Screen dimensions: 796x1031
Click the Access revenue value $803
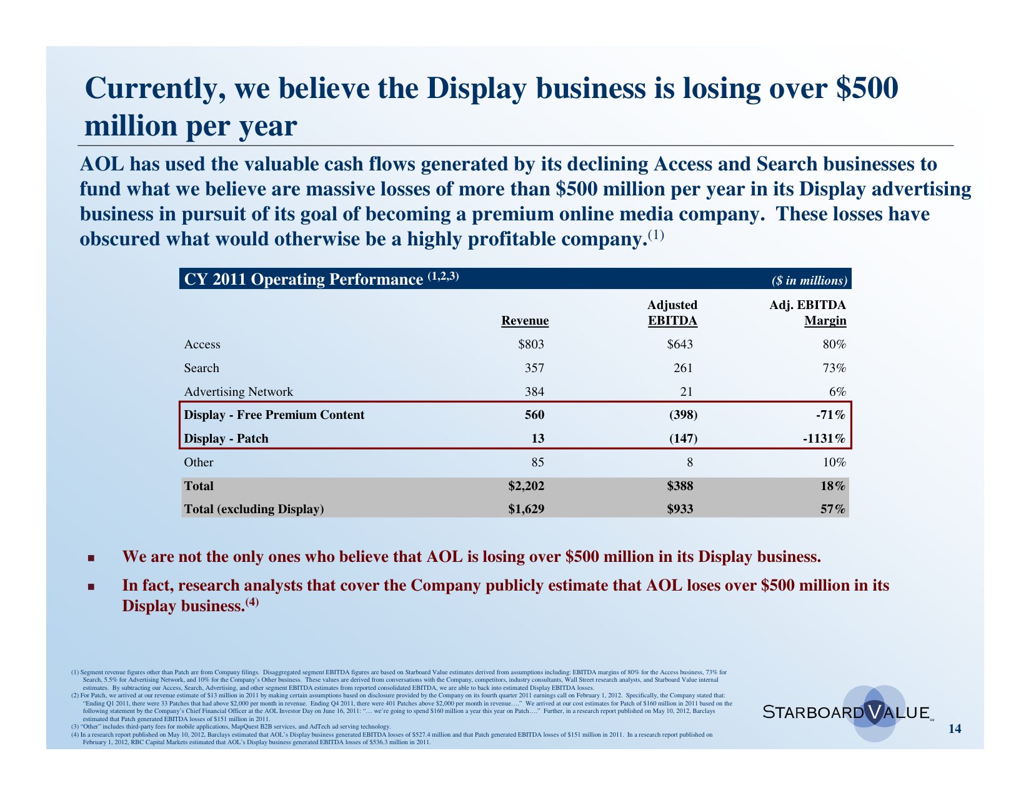[x=531, y=345]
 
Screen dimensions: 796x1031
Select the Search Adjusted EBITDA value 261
[x=682, y=368]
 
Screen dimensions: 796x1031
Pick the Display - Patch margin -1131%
[x=824, y=439]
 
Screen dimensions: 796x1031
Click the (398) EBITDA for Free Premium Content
[x=683, y=415]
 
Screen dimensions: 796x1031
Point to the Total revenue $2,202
[x=526, y=486]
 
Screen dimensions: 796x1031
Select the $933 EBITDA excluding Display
[x=680, y=509]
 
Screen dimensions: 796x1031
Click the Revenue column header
[x=525, y=321]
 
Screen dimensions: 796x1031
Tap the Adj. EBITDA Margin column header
[x=808, y=313]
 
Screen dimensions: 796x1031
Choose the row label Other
[x=199, y=463]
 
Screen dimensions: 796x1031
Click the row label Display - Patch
[x=226, y=439]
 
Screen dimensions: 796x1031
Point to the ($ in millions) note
[x=809, y=280]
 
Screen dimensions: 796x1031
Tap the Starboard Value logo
[x=847, y=712]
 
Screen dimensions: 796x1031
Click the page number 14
[x=955, y=729]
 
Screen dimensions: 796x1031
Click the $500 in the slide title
[x=867, y=88]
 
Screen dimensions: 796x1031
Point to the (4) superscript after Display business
[x=251, y=602]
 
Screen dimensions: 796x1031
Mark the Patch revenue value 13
[x=537, y=439]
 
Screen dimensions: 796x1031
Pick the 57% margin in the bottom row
[x=833, y=509]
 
